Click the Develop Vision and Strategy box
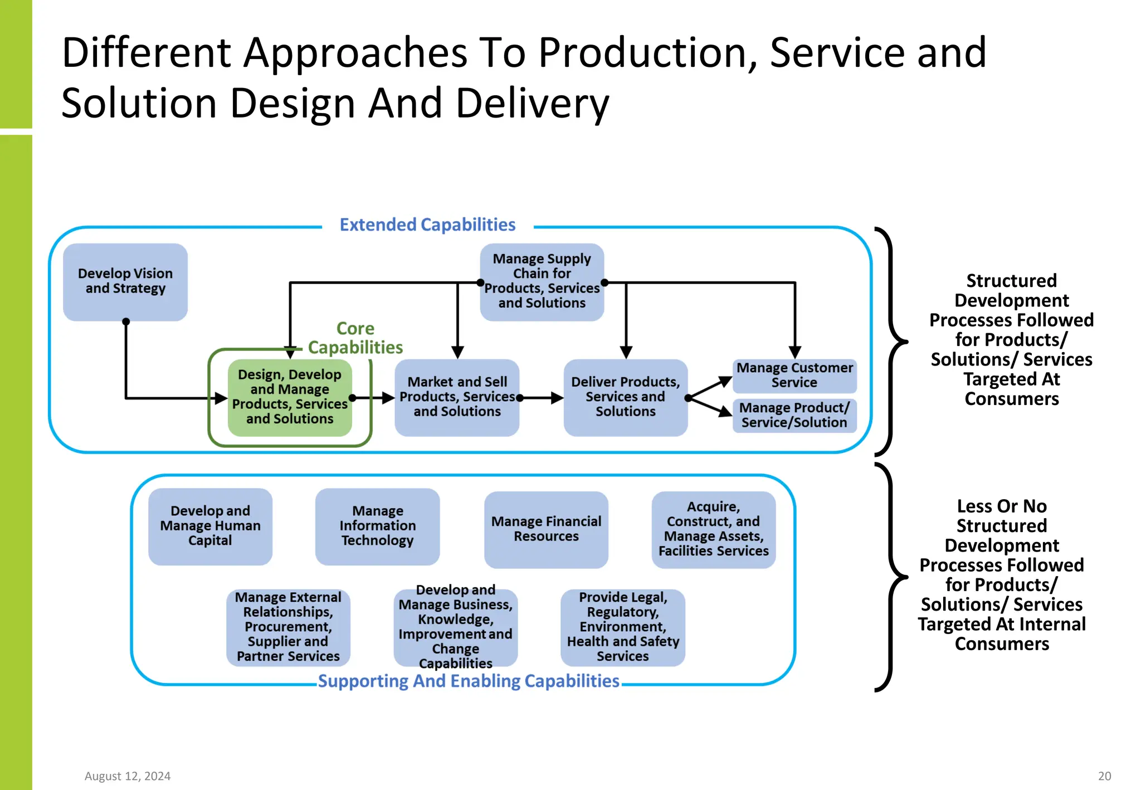coord(125,282)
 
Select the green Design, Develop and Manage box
coord(290,397)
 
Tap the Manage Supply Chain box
coord(542,282)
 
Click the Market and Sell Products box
coord(457,397)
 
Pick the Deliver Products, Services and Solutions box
coord(625,397)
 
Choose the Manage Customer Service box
coord(794,376)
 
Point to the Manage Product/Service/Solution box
coord(794,415)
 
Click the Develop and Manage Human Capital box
coord(210,526)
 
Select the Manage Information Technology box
coord(377,526)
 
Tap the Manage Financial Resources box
coord(546,529)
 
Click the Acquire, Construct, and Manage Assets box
coord(713,529)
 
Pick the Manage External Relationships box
coord(288,627)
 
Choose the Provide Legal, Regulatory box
coord(622,627)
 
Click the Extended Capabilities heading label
coord(427,225)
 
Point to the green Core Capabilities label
coord(355,338)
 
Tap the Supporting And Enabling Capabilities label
coord(468,681)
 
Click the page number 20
coord(1104,776)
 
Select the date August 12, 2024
coord(128,776)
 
